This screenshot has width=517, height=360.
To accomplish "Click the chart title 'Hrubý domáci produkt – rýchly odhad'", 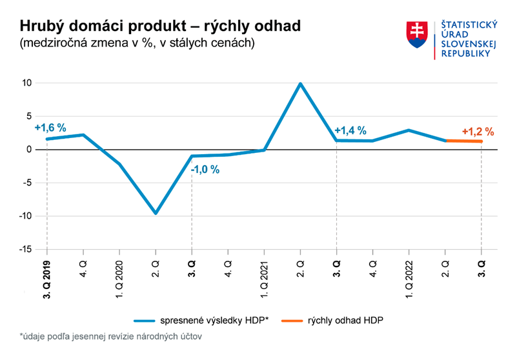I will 160,26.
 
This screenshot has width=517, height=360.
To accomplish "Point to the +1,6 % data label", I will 50,128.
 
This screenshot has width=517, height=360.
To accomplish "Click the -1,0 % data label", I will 205,170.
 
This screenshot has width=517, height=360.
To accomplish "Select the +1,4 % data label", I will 350,130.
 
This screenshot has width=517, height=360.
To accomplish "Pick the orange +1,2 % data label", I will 478,132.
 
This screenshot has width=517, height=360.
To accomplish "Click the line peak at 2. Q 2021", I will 300,83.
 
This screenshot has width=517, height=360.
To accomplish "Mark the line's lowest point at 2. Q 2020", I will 156,213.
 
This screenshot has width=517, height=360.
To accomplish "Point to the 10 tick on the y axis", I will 26,83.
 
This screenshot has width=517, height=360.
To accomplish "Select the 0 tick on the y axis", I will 29,150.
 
